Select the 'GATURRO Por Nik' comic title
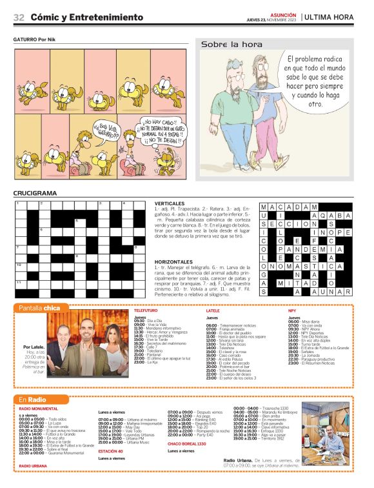tap(35, 39)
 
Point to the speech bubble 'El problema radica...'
tap(315, 81)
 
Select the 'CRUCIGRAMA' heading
tap(35, 193)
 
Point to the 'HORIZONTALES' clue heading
tap(195, 261)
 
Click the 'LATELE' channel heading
tap(213, 310)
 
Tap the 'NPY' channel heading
tap(291, 310)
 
